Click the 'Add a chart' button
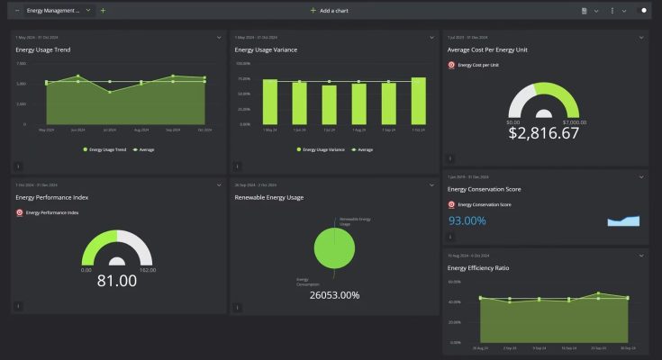tap(331, 10)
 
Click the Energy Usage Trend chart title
tap(43, 50)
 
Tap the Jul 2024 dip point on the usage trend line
tap(110, 92)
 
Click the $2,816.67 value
tap(543, 133)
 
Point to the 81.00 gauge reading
tap(117, 281)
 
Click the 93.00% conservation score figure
tap(467, 220)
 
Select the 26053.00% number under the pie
tap(334, 295)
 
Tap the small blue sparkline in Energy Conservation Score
tap(623, 220)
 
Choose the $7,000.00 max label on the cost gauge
tap(574, 121)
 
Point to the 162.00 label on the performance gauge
tap(148, 269)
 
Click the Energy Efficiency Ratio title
tap(477, 267)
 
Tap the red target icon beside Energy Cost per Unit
tap(451, 65)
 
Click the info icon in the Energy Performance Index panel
tap(19, 306)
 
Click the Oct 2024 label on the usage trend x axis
tap(204, 130)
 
